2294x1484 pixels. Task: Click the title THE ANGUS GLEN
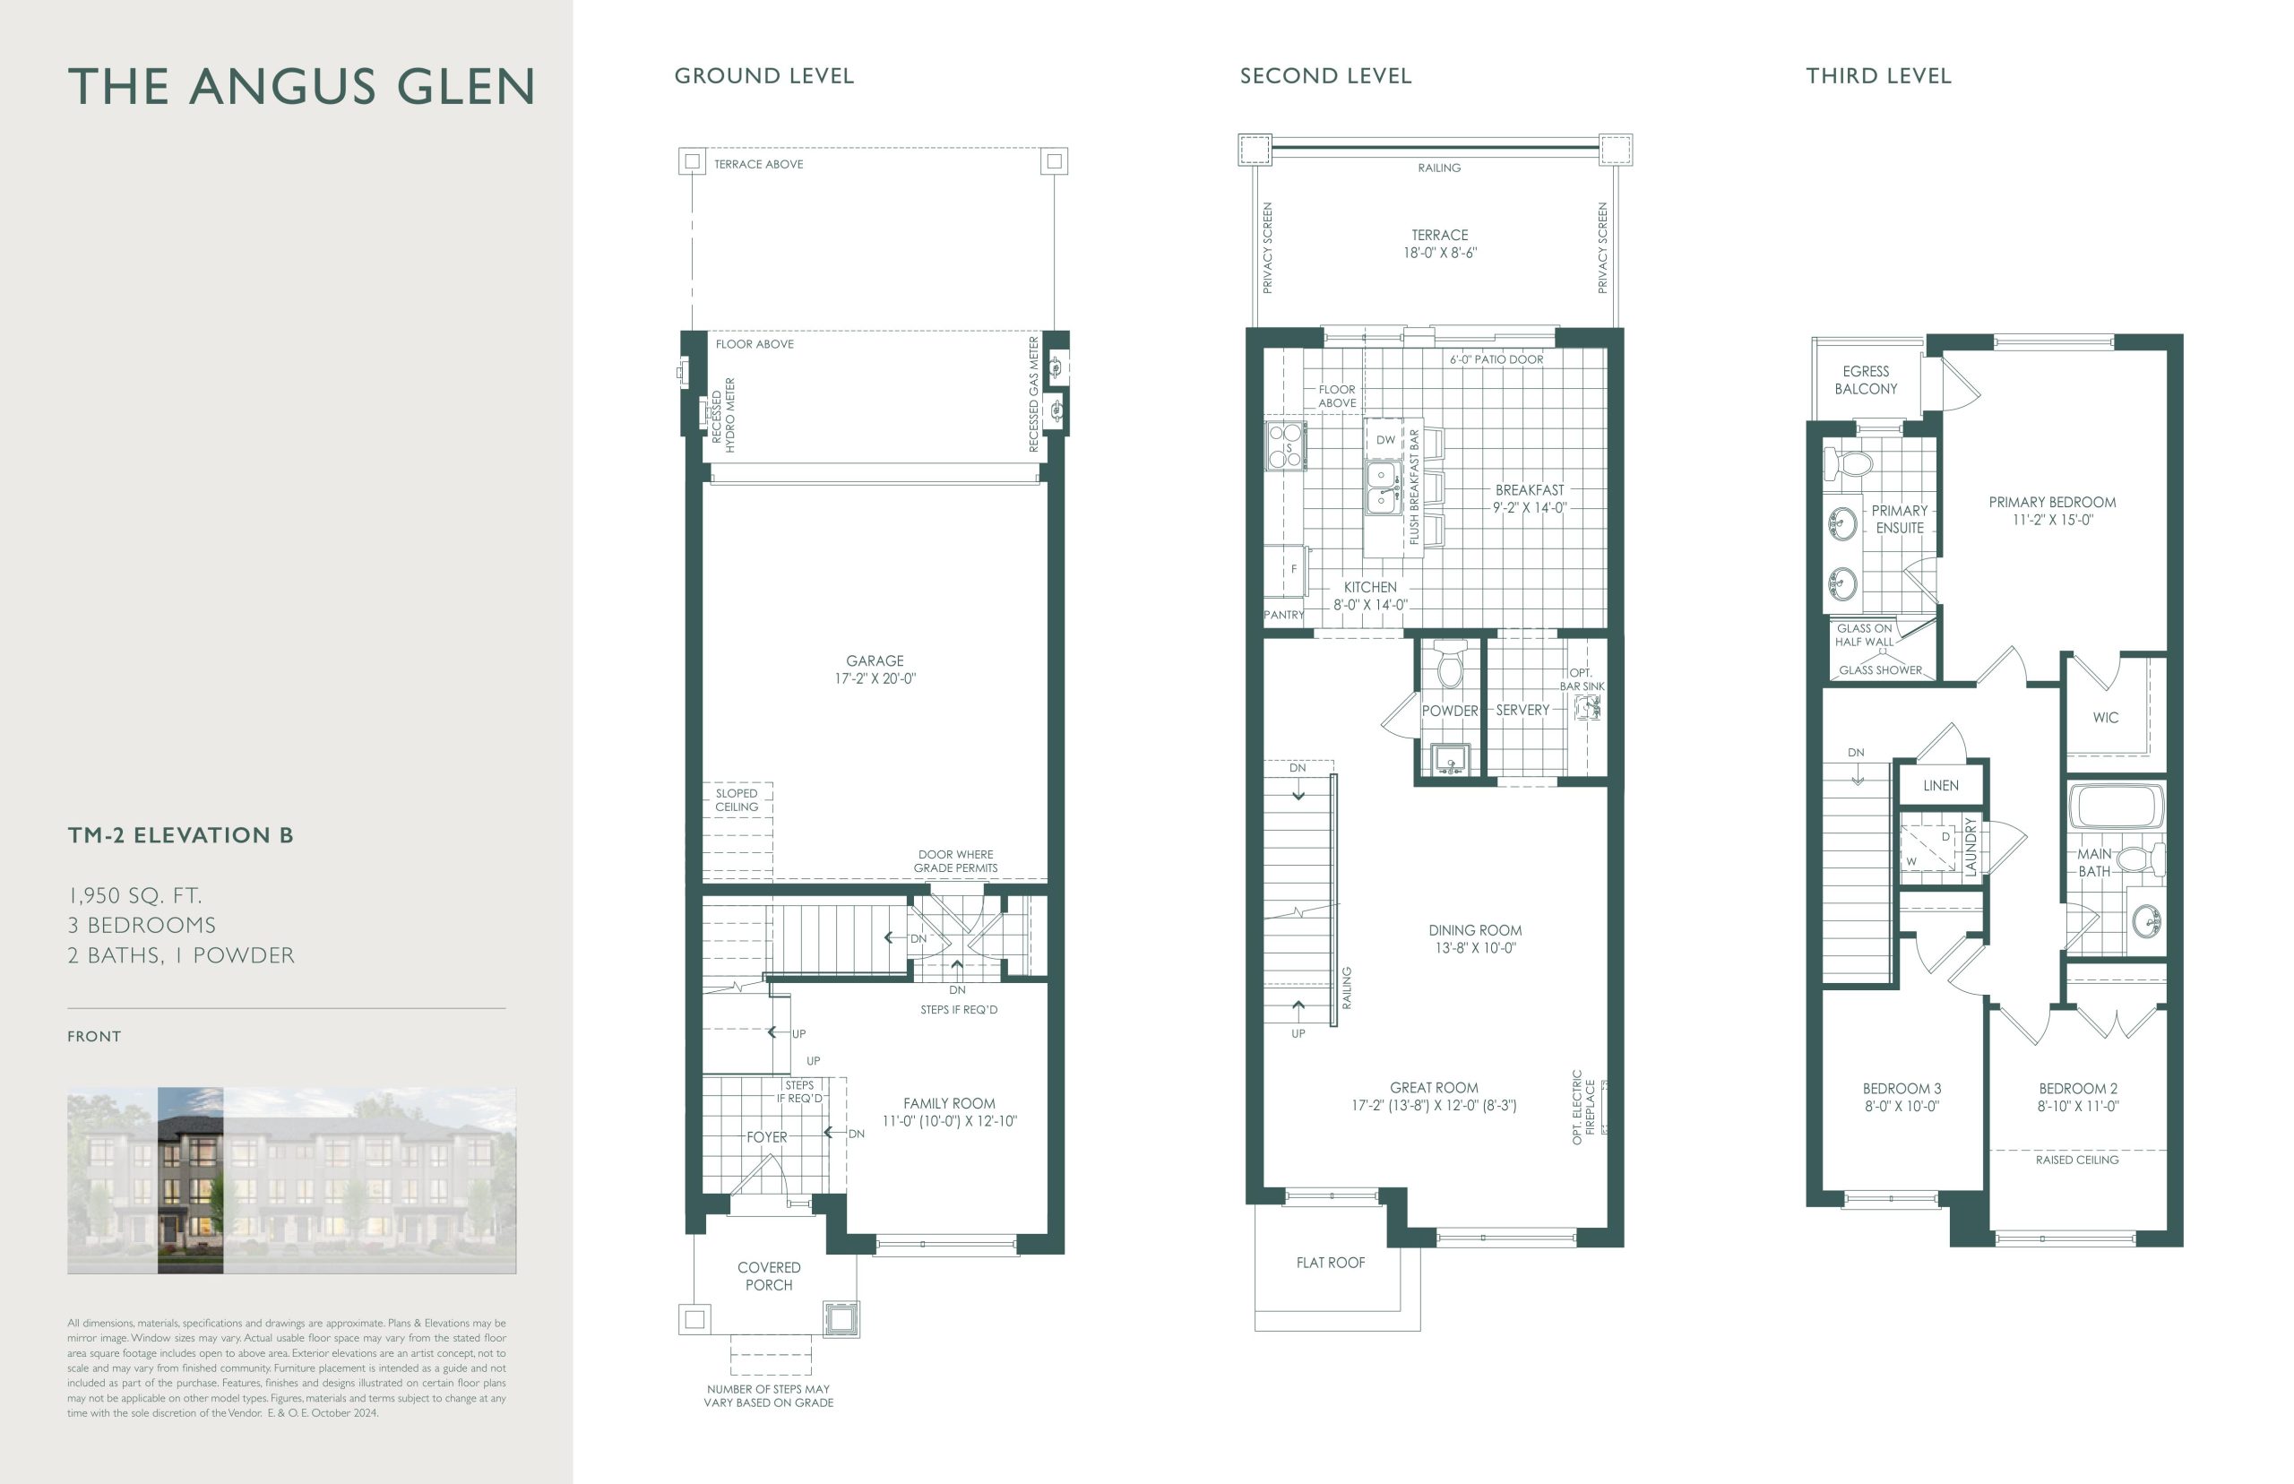(x=302, y=87)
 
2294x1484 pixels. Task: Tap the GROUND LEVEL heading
(x=764, y=76)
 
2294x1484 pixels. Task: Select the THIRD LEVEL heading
(x=1878, y=76)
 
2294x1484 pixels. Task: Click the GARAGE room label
(x=875, y=661)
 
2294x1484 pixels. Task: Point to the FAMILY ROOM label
(x=949, y=1103)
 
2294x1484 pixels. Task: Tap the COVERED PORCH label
(x=769, y=1276)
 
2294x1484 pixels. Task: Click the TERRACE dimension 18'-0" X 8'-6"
(x=1439, y=254)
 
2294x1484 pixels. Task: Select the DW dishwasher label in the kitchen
(x=1385, y=440)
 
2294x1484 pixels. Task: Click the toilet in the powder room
(x=1450, y=664)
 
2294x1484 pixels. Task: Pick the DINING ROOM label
(x=1475, y=931)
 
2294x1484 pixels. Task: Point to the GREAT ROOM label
(x=1434, y=1088)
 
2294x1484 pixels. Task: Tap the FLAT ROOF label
(x=1331, y=1263)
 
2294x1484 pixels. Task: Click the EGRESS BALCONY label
(x=1866, y=380)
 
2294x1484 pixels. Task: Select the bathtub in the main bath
(x=2116, y=806)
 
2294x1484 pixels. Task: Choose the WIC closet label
(x=2105, y=718)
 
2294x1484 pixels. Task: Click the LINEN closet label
(x=1940, y=785)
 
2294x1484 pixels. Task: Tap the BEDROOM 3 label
(x=1902, y=1089)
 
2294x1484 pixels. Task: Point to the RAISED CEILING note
(x=2077, y=1160)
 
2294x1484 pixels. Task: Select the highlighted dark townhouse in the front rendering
(x=191, y=1180)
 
